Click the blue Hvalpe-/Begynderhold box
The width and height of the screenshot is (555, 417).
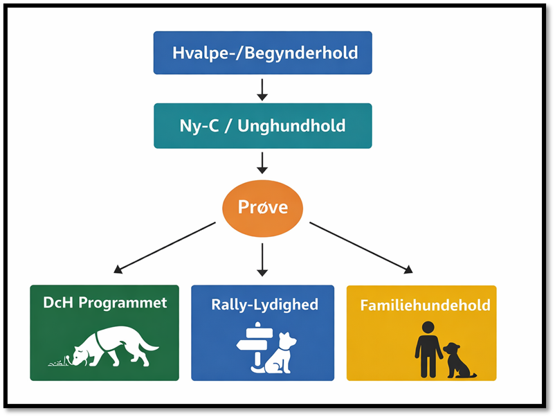click(x=262, y=53)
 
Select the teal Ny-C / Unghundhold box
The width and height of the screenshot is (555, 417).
click(x=262, y=126)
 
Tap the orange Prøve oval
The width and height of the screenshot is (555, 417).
click(x=262, y=206)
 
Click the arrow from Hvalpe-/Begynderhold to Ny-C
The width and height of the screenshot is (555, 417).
click(x=262, y=89)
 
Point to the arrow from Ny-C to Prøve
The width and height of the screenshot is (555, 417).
click(x=262, y=162)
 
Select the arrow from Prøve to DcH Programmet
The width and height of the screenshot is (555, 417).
click(x=166, y=247)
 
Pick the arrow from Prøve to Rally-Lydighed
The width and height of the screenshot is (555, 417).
click(x=262, y=259)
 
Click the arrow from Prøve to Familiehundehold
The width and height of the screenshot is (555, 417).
click(x=361, y=247)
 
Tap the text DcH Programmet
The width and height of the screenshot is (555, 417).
click(x=104, y=303)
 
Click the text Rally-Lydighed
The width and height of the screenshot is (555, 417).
click(x=264, y=304)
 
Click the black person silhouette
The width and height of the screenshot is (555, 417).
click(x=428, y=348)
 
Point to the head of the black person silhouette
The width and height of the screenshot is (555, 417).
click(x=428, y=327)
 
